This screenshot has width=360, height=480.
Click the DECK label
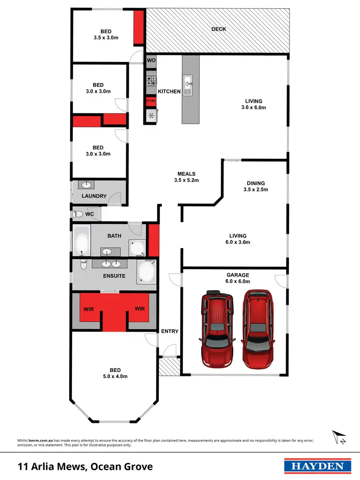pyautogui.click(x=218, y=29)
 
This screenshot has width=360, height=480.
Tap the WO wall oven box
pyautogui.click(x=151, y=61)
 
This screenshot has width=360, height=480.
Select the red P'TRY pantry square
pyautogui.click(x=151, y=102)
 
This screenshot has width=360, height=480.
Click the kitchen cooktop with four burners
pyautogui.click(x=151, y=81)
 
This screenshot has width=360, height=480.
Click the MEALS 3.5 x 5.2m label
pyautogui.click(x=186, y=177)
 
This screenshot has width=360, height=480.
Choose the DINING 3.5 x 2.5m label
pyautogui.click(x=255, y=186)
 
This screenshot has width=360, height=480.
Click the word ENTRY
pyautogui.click(x=169, y=331)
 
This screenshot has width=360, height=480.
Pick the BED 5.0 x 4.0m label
pyautogui.click(x=115, y=373)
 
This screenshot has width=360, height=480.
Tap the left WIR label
pyautogui.click(x=88, y=309)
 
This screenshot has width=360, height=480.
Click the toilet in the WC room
pyautogui.click(x=79, y=214)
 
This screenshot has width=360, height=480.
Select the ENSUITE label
pyautogui.click(x=114, y=276)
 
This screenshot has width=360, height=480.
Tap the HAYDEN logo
pyautogui.click(x=314, y=466)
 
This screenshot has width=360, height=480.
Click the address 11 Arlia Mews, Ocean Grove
pyautogui.click(x=85, y=466)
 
